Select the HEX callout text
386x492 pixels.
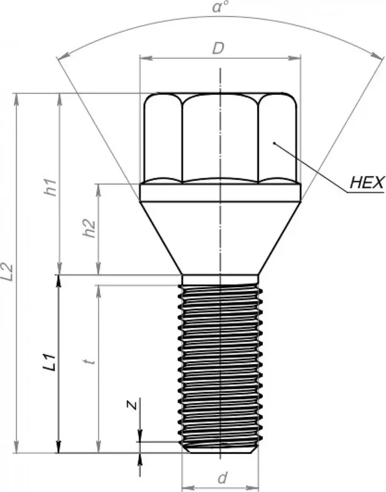click(366, 183)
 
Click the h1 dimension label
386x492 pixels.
click(50, 188)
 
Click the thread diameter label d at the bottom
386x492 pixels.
click(223, 477)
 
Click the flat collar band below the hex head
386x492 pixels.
click(219, 193)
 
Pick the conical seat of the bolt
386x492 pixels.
click(219, 237)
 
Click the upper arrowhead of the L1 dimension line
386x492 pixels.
click(59, 280)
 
